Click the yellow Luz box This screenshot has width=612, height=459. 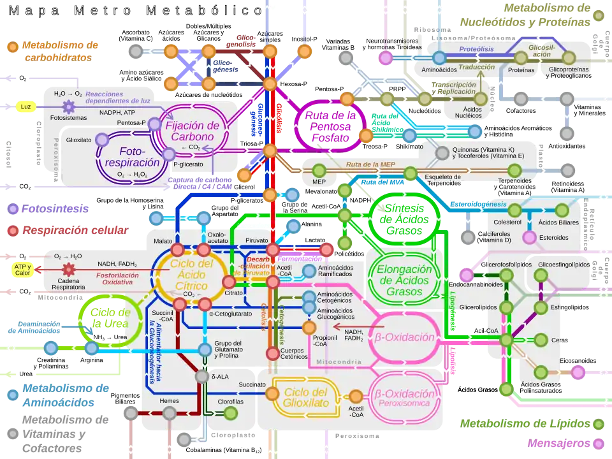[25, 106]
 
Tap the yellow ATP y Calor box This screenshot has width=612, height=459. [23, 270]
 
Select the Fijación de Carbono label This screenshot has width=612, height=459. [193, 131]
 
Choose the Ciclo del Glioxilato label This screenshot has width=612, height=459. [305, 398]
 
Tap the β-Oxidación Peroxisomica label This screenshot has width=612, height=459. [407, 397]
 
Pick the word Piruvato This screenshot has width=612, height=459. [257, 240]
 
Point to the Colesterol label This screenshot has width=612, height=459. [507, 222]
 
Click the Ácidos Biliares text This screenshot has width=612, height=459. [558, 222]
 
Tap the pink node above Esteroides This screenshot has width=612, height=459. [529, 237]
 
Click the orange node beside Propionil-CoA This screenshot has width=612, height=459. [309, 328]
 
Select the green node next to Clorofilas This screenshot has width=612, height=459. [231, 413]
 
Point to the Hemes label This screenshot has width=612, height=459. [169, 401]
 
